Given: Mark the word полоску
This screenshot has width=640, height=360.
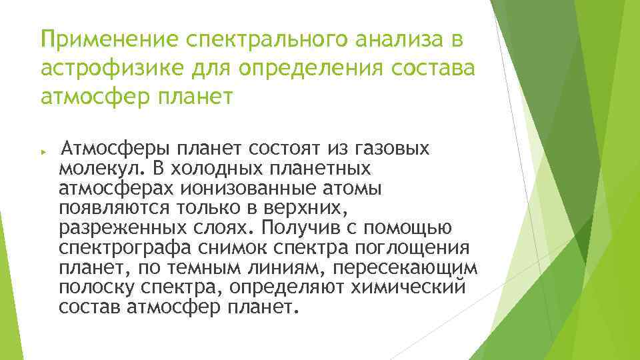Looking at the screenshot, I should (94, 289).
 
